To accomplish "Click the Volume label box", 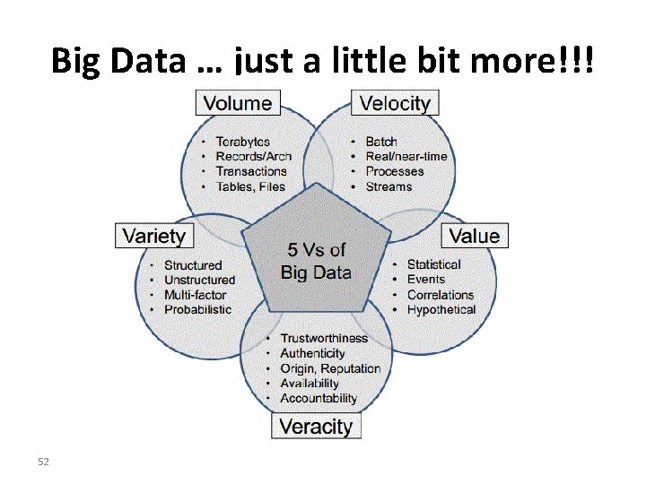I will [x=238, y=103].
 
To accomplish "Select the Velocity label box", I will [x=395, y=103].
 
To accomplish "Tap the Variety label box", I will [x=154, y=237].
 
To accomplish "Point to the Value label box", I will [x=475, y=236].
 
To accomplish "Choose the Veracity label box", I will [x=316, y=426].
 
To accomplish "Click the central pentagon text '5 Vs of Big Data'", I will [x=316, y=261].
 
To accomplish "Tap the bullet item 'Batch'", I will [x=381, y=142].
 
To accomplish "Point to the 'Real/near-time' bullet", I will [x=406, y=157].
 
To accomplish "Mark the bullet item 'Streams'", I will [x=388, y=186].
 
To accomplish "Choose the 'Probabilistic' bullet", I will [x=197, y=309].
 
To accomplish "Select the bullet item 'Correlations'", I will [x=441, y=294].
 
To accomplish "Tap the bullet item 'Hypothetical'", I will [x=441, y=309].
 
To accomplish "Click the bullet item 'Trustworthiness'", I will [x=324, y=338].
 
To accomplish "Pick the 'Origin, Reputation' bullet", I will [x=330, y=368].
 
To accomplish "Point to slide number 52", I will [x=42, y=461].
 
